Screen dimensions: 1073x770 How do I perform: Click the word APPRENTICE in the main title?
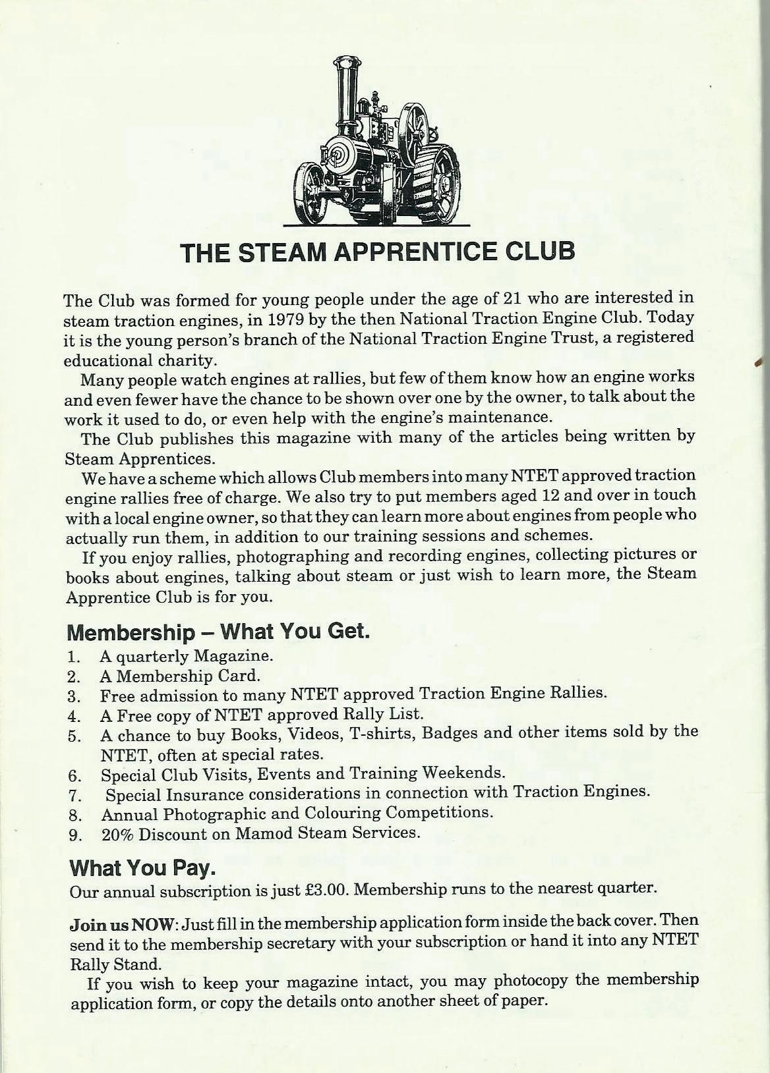pyautogui.click(x=415, y=252)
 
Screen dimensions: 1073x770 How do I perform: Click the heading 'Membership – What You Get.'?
pyautogui.click(x=218, y=632)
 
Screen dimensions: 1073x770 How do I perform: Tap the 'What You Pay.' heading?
pyautogui.click(x=142, y=867)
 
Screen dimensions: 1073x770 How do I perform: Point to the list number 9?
pyautogui.click(x=74, y=835)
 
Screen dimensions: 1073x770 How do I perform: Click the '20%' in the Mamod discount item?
pyautogui.click(x=117, y=833)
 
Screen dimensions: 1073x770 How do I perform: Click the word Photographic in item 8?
pyautogui.click(x=223, y=813)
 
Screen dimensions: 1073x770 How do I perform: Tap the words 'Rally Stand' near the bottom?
pyautogui.click(x=115, y=964)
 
